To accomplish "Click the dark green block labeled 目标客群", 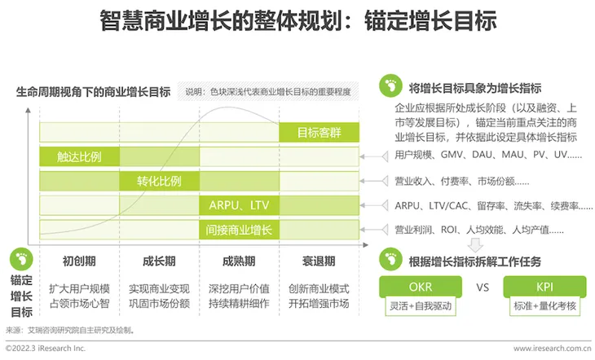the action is tap(320, 133).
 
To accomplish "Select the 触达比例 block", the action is tap(79, 156).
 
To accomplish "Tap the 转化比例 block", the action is tap(160, 181).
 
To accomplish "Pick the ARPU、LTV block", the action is tap(239, 205).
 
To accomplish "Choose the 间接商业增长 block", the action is tap(239, 230).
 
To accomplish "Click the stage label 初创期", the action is tap(79, 261).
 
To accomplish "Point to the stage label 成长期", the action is tap(159, 261).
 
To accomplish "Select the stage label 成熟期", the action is tap(239, 261).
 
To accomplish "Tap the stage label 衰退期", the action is tap(319, 261).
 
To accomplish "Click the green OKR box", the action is tap(421, 287).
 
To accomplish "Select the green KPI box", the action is tap(544, 287).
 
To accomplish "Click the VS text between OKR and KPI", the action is tap(483, 288).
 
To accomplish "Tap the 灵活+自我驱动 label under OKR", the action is tap(421, 305).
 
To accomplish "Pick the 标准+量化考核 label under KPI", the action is tap(545, 305).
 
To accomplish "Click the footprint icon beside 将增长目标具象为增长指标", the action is tap(390, 86).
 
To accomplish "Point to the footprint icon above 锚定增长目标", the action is tap(21, 260).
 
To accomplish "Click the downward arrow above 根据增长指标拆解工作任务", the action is tap(475, 245).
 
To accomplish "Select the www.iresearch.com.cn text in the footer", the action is tap(552, 349).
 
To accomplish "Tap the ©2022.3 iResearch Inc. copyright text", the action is tap(46, 349).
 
